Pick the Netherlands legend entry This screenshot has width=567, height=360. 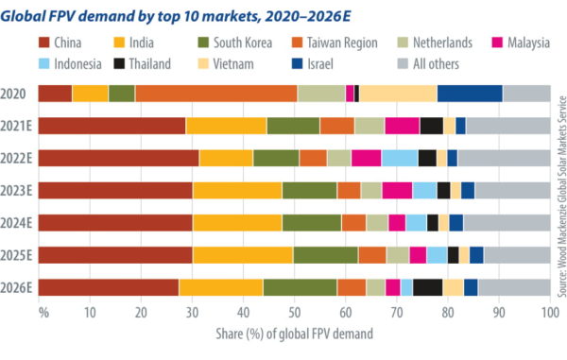441,43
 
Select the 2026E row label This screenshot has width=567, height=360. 20,287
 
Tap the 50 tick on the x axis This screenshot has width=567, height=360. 294,313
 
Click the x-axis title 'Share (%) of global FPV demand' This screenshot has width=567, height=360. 294,333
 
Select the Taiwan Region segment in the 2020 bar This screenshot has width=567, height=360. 215,93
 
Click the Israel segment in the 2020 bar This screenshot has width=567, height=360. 470,93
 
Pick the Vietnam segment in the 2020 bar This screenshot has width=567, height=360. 398,93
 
